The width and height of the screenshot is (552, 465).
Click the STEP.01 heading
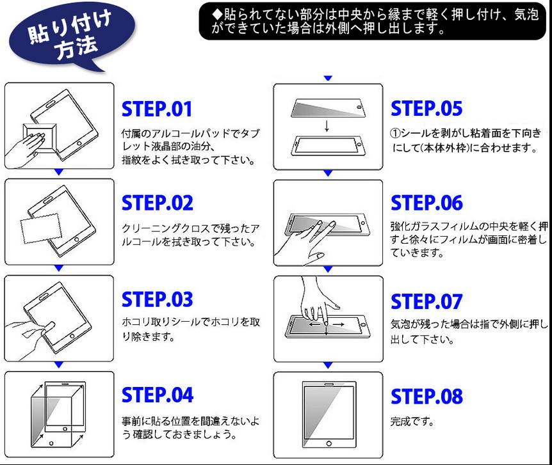[x=157, y=109]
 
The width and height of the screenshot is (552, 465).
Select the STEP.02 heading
[x=157, y=203]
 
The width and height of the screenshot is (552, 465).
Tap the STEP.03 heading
[x=157, y=299]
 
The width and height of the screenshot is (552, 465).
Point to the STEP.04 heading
[x=157, y=395]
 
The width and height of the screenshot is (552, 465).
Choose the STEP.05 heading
[x=426, y=109]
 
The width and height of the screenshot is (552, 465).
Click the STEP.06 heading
[x=426, y=203]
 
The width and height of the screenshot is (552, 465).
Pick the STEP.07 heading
[x=426, y=301]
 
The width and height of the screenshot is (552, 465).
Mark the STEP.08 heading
[x=426, y=397]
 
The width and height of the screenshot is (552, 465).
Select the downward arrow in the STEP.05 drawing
[x=327, y=125]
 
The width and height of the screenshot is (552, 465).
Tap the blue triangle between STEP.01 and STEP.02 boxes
[x=59, y=173]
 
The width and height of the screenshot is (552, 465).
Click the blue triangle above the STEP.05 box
[x=328, y=78]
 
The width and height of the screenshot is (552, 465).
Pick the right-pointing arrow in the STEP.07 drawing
[x=339, y=325]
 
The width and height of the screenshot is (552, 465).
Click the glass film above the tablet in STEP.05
[x=327, y=107]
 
